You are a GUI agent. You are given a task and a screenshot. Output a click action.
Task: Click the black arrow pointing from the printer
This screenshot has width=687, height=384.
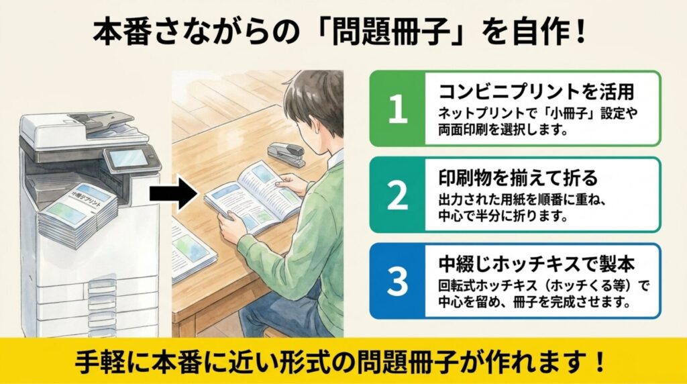pyautogui.click(x=174, y=193)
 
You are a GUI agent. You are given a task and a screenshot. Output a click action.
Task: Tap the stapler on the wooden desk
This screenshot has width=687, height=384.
pyautogui.click(x=286, y=154)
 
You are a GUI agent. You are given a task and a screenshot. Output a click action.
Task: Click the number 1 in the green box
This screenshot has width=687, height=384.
pyautogui.click(x=398, y=109)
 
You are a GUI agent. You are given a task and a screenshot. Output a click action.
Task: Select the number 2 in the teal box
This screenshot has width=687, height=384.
pyautogui.click(x=398, y=195)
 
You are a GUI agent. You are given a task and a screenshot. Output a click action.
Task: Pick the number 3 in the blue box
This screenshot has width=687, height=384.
pyautogui.click(x=398, y=281)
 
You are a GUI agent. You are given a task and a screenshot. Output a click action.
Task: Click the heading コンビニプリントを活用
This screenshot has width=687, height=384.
pyautogui.click(x=537, y=92)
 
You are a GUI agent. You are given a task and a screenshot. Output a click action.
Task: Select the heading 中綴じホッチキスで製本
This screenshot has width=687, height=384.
pyautogui.click(x=537, y=264)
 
